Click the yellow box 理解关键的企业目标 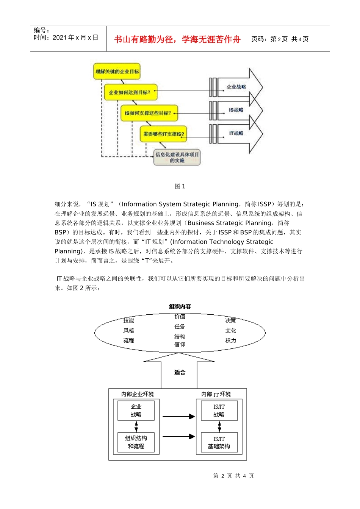coord(117,71)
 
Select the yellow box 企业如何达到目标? coord(130,92)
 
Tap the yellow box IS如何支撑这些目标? coord(149,113)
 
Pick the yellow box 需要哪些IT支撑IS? coord(163,134)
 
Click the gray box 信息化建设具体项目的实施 coord(177,157)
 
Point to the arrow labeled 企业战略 coord(236,87)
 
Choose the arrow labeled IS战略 coord(236,110)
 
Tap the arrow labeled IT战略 coord(236,133)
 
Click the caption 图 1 coord(180,186)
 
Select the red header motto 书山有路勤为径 coord(177,39)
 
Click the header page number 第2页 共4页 coord(280,39)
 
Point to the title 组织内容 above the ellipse coord(180,306)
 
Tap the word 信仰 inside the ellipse coord(180,345)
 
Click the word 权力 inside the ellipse coord(230,340)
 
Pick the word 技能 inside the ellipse coord(128,320)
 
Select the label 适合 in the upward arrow coord(180,372)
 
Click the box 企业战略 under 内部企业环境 coord(136,411)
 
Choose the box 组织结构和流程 coord(136,442)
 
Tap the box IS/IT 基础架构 coord(219,443)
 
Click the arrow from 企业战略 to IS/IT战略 coord(178,417)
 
